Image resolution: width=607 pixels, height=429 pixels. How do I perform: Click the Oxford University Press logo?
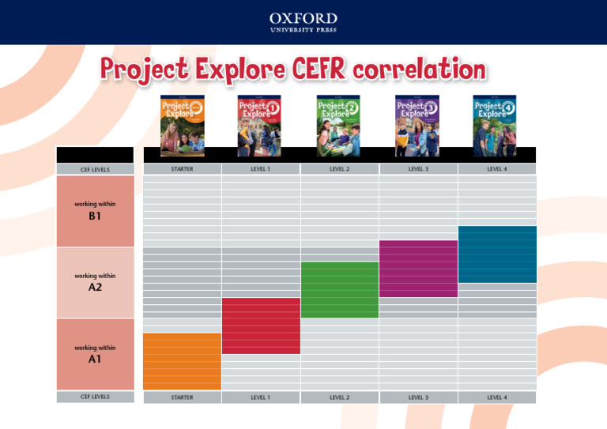[303, 21]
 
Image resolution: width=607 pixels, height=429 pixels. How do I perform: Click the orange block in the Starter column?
[182, 361]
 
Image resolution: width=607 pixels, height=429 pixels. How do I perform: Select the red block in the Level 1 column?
[261, 326]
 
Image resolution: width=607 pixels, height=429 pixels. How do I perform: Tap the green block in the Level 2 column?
[339, 290]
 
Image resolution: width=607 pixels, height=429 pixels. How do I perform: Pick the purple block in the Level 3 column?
[418, 269]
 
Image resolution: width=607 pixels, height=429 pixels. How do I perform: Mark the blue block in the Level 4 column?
[497, 254]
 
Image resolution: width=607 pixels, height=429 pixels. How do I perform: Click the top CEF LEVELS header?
[95, 169]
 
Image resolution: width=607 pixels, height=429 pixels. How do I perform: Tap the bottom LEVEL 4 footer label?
[497, 397]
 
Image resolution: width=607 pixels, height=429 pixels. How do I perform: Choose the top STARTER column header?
[182, 169]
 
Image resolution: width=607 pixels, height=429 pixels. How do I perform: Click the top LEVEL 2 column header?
[339, 169]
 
